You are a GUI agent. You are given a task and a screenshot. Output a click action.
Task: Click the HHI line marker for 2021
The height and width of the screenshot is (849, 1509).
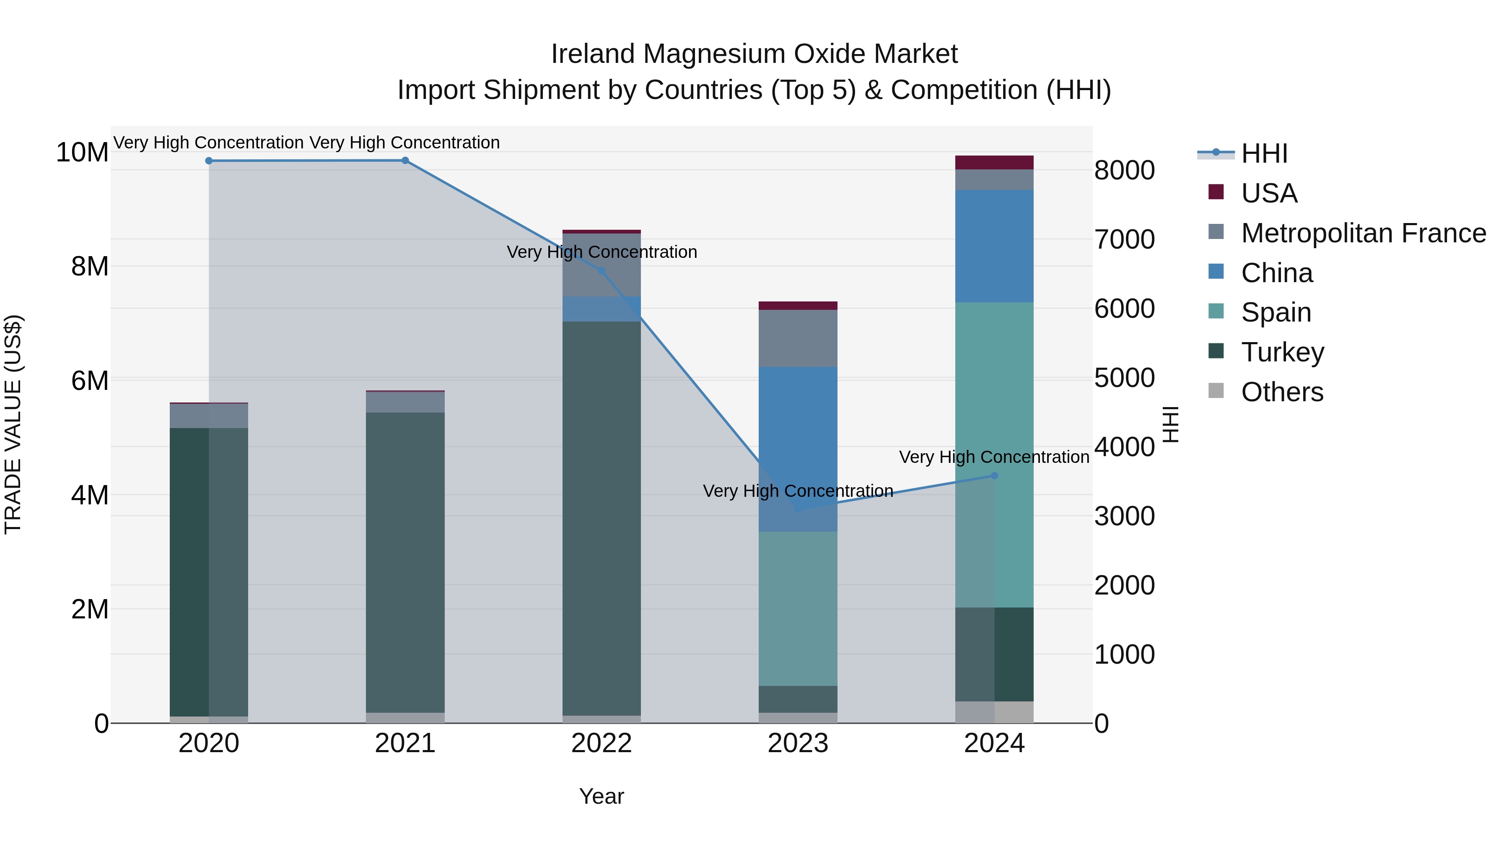[x=405, y=161]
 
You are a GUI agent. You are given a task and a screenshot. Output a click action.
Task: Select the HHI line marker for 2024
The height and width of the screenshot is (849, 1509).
[x=994, y=476]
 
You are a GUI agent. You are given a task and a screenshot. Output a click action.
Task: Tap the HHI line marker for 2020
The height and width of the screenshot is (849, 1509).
[x=209, y=161]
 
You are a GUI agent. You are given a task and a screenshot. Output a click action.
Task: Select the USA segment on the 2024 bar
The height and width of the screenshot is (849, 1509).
[x=994, y=162]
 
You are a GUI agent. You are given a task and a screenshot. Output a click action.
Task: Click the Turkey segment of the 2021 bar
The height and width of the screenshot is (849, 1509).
[x=405, y=563]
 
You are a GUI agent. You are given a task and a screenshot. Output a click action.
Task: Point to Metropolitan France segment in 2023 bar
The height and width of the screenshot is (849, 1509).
[x=798, y=339]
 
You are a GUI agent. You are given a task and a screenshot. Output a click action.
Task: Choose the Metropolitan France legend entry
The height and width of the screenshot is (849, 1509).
[x=1363, y=233]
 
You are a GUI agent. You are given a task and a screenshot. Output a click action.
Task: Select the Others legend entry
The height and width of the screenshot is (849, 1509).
[x=1282, y=392]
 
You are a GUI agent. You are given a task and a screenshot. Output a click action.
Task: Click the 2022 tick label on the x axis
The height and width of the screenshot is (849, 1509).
[x=601, y=743]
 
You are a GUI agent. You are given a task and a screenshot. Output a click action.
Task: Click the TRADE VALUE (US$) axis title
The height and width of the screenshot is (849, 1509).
[x=13, y=424]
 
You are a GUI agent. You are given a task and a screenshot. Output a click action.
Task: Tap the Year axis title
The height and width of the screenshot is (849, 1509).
[x=601, y=796]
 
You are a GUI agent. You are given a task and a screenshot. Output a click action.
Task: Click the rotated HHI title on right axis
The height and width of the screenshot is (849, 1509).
[x=1170, y=424]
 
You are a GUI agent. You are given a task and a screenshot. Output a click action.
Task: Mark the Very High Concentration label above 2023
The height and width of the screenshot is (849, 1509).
[x=798, y=491]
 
